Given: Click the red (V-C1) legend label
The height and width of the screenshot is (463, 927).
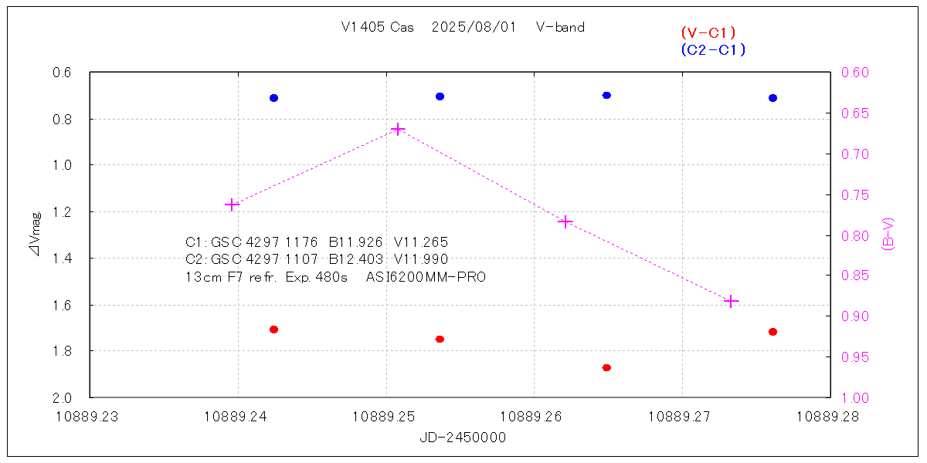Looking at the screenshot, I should [x=708, y=32].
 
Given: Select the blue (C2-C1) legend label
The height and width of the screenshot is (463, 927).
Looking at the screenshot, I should [x=713, y=50].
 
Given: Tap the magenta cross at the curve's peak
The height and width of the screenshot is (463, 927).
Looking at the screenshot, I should [x=398, y=129].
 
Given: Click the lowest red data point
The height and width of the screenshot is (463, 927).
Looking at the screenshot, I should [x=606, y=367].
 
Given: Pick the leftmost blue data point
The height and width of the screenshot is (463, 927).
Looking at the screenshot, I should [x=273, y=98].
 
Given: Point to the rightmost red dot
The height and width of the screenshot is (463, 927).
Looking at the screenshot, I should [x=772, y=332].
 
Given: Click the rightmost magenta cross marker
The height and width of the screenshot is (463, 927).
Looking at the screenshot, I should [x=732, y=301].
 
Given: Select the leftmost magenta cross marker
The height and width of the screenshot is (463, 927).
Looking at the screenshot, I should [x=231, y=204].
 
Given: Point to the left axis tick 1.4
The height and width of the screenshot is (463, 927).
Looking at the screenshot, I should [x=62, y=259].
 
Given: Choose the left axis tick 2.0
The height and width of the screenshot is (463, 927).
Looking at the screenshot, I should [x=62, y=398].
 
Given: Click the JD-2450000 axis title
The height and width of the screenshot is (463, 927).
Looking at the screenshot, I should [x=463, y=438].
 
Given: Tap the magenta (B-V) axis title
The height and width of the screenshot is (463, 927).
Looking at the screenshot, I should [x=888, y=234].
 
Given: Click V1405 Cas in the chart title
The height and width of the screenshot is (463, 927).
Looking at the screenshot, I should [x=377, y=28].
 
